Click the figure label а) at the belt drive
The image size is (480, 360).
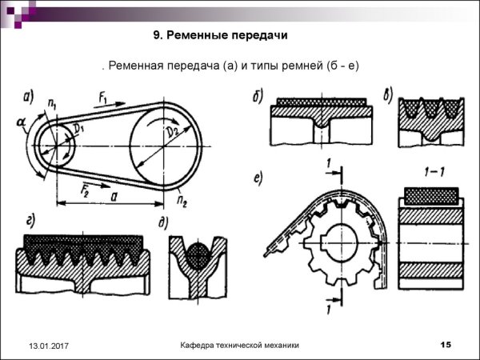coord(29,98)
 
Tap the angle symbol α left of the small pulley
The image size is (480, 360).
coord(20,122)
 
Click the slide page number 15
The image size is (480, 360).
coord(446,344)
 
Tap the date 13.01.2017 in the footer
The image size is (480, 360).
coord(49,346)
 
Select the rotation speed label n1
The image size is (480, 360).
coord(52,104)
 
